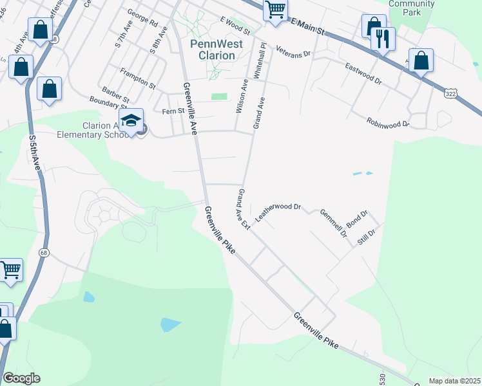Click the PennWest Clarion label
212,50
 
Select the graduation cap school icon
131,120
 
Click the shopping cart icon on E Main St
275,10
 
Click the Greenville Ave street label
191,108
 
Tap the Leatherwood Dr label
278,212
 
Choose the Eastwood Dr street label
363,74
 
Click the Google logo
21,378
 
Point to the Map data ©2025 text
454,381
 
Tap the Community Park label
412,8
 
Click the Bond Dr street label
356,219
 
